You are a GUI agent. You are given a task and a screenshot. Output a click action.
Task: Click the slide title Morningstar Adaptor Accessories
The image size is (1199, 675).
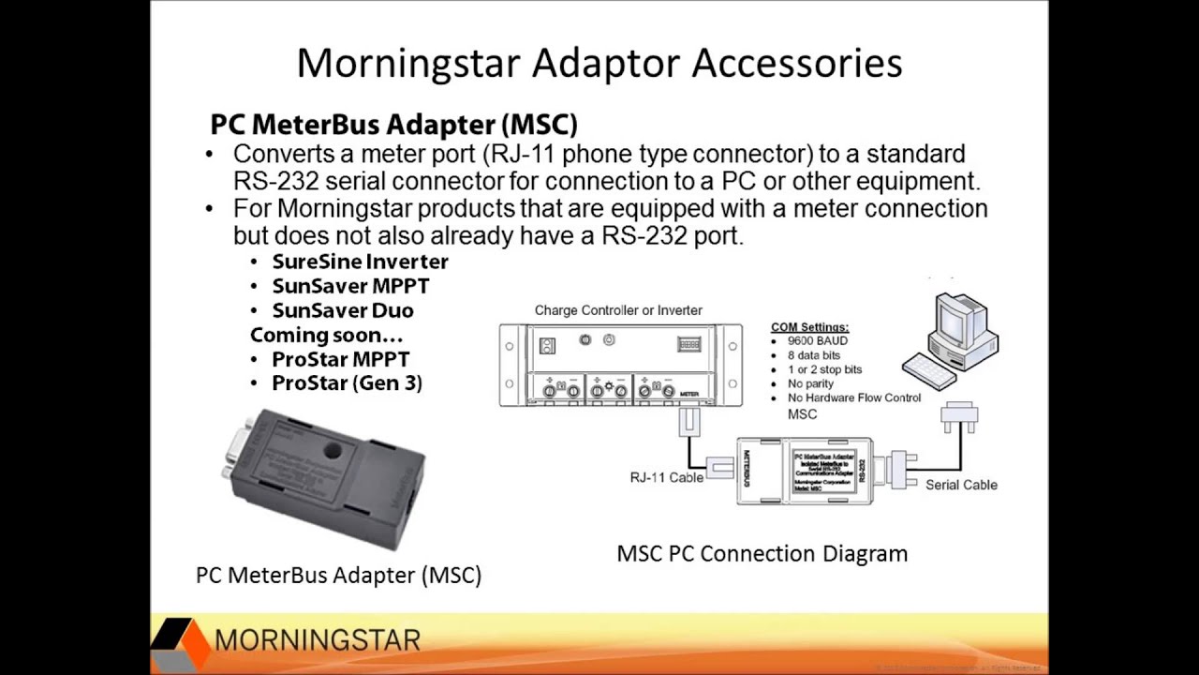pyautogui.click(x=599, y=63)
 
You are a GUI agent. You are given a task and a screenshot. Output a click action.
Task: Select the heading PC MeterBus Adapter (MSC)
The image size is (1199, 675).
pyautogui.click(x=393, y=124)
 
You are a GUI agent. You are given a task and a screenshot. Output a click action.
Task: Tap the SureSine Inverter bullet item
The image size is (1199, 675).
pyautogui.click(x=360, y=262)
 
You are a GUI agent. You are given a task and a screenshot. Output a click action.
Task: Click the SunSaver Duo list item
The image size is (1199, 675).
pyautogui.click(x=343, y=310)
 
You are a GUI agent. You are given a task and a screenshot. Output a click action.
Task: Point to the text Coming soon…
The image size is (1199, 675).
pyautogui.click(x=326, y=335)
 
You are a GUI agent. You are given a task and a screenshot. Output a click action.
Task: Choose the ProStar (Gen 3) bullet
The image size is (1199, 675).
pyautogui.click(x=347, y=383)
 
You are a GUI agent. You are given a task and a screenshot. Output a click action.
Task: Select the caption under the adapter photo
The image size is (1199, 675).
pyautogui.click(x=338, y=575)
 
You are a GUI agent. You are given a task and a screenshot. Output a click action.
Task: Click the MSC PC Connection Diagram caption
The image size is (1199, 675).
pyautogui.click(x=762, y=553)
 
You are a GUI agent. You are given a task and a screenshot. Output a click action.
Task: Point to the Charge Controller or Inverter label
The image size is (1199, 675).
pyautogui.click(x=618, y=310)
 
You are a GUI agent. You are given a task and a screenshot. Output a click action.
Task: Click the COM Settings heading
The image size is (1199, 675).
pyautogui.click(x=809, y=327)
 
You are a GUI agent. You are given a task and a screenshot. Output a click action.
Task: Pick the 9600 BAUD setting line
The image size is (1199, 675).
pyautogui.click(x=817, y=341)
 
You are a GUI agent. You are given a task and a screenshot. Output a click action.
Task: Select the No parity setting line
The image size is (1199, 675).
pyautogui.click(x=810, y=383)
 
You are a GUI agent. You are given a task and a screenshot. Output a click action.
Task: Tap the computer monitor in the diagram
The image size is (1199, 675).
pyautogui.click(x=962, y=323)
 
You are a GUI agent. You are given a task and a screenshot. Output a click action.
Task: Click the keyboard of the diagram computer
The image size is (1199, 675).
pyautogui.click(x=929, y=371)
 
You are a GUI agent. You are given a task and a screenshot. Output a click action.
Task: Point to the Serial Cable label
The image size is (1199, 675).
pyautogui.click(x=961, y=485)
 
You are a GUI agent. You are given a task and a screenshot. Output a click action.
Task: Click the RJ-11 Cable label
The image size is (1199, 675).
pyautogui.click(x=666, y=477)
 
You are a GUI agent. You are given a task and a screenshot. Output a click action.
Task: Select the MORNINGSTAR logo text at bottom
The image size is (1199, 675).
pyautogui.click(x=318, y=640)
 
